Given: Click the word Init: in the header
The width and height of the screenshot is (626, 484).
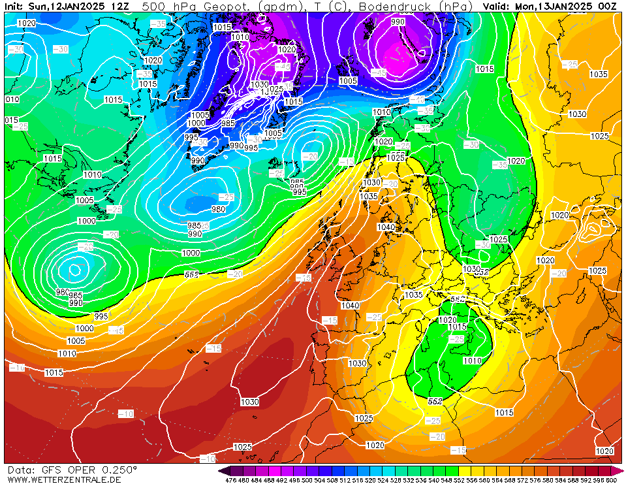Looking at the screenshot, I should [14, 6].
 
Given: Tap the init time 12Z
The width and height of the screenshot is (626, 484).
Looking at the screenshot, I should [120, 6].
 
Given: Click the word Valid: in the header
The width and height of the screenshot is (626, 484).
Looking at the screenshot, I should [497, 6].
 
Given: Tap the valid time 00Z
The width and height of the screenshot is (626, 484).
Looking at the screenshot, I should [608, 6].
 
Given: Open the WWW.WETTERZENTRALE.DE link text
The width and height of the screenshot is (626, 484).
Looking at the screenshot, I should [64, 479].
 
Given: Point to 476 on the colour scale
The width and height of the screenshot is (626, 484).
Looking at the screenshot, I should [230, 480].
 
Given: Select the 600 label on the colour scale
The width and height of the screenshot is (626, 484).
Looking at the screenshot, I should [612, 480].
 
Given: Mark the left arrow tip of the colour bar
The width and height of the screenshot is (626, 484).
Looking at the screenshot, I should [222, 470].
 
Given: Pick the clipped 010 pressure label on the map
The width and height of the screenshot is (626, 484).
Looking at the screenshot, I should [12, 99].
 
